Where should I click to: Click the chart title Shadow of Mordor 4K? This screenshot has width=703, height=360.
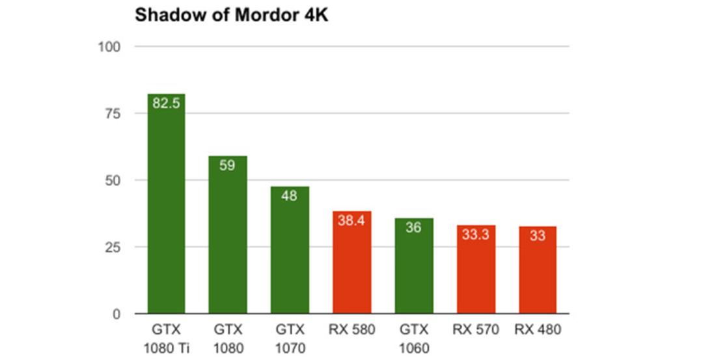pos(231,15)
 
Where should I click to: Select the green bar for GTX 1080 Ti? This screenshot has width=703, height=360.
pos(167,204)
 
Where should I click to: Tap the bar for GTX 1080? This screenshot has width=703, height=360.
pos(228,234)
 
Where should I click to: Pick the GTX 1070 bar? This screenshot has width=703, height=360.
pos(290,250)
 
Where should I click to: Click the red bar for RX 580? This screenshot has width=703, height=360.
pos(352,262)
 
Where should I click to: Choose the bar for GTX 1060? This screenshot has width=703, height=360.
pos(414,266)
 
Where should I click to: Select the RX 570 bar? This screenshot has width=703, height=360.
pos(476,269)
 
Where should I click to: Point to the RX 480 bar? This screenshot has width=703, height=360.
pos(538,270)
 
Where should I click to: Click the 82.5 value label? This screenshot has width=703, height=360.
pos(166,103)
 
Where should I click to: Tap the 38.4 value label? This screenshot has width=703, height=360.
pos(351,220)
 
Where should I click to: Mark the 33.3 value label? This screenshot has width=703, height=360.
pos(476,234)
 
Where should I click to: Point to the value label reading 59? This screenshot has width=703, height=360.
pos(227,165)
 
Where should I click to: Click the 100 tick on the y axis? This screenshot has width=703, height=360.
pos(109,47)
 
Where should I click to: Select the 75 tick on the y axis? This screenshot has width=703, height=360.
pos(113,113)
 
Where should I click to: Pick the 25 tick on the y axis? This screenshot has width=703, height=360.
pos(113,247)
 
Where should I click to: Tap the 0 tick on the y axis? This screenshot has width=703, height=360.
pos(117,314)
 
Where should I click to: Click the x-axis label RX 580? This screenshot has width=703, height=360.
pos(351,329)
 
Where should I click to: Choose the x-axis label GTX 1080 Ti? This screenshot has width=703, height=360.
pos(167,339)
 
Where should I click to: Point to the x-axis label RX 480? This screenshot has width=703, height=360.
pos(538,329)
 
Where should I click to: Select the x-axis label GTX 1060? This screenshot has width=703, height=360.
pos(414,339)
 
